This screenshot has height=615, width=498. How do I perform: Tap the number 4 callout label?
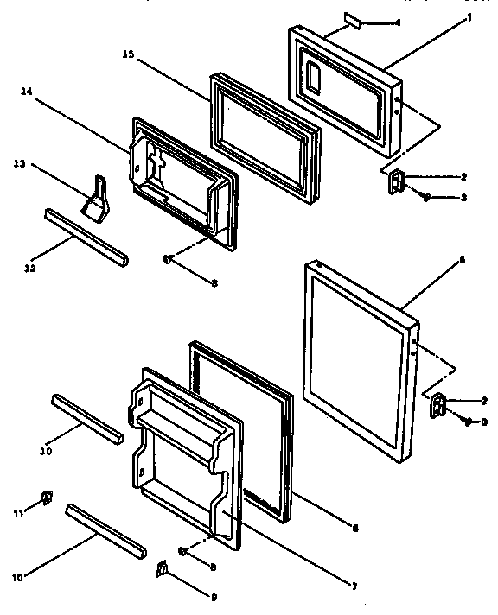[x=397, y=20]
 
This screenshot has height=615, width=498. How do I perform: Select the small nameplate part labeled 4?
[x=356, y=17]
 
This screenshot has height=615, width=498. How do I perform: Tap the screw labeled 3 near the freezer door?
[x=425, y=197]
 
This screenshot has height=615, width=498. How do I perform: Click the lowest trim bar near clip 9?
[x=105, y=529]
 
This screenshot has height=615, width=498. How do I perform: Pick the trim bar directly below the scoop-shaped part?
[x=84, y=236]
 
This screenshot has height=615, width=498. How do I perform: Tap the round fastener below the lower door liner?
[x=183, y=550]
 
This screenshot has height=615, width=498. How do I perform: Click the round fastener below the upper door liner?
[x=169, y=257]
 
